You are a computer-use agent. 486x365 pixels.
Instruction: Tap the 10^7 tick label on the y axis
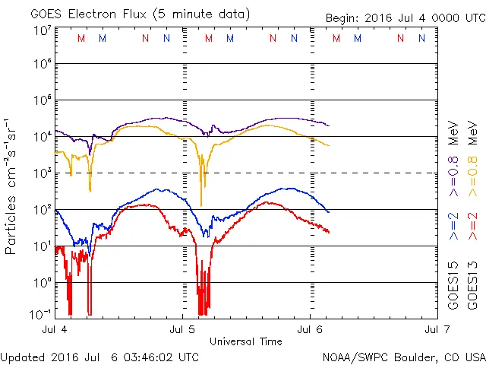(x=42, y=30)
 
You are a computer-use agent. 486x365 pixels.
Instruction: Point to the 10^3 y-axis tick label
(x=42, y=173)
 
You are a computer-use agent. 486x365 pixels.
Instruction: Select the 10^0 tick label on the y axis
(x=42, y=283)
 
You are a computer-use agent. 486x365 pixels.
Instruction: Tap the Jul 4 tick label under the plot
(x=55, y=331)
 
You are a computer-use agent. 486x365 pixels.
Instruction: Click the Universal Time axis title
(x=245, y=341)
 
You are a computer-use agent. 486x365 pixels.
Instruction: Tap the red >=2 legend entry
(x=473, y=226)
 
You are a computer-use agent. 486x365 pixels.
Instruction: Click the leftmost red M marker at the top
(x=81, y=38)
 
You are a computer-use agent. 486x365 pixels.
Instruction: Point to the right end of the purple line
(x=328, y=125)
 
